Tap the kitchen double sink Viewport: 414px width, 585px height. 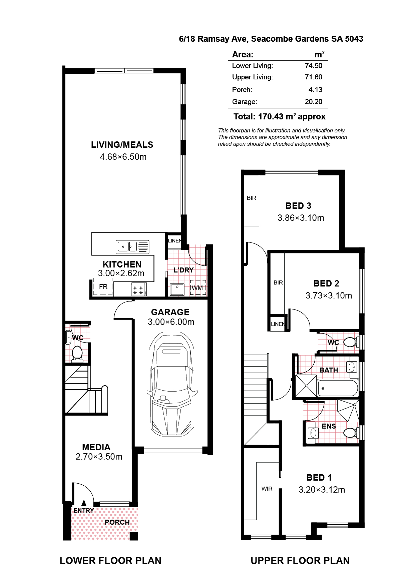tap(127, 247)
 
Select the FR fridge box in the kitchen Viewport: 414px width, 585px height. tap(103, 287)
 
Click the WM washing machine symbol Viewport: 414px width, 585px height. tap(198, 288)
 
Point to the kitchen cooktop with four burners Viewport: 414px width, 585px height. tap(138, 290)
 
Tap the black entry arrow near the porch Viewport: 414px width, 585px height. tap(84, 503)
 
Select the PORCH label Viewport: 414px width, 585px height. tap(117, 522)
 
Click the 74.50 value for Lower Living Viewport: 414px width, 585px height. tap(313, 66)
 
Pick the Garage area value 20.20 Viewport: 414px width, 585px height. tap(313, 102)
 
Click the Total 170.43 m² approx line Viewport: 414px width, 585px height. tap(279, 117)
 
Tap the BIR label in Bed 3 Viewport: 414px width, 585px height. tap(252, 198)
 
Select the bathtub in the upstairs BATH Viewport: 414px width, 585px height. tap(338, 388)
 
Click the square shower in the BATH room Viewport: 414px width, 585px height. tap(306, 386)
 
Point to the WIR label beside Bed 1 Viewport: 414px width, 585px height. tap(267, 489)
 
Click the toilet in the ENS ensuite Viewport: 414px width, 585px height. tap(350, 433)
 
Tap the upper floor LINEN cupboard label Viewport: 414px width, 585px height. tap(278, 324)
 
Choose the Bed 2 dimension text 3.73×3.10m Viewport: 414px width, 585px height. tap(329, 296)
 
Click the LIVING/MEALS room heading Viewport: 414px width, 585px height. tap(122, 145)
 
